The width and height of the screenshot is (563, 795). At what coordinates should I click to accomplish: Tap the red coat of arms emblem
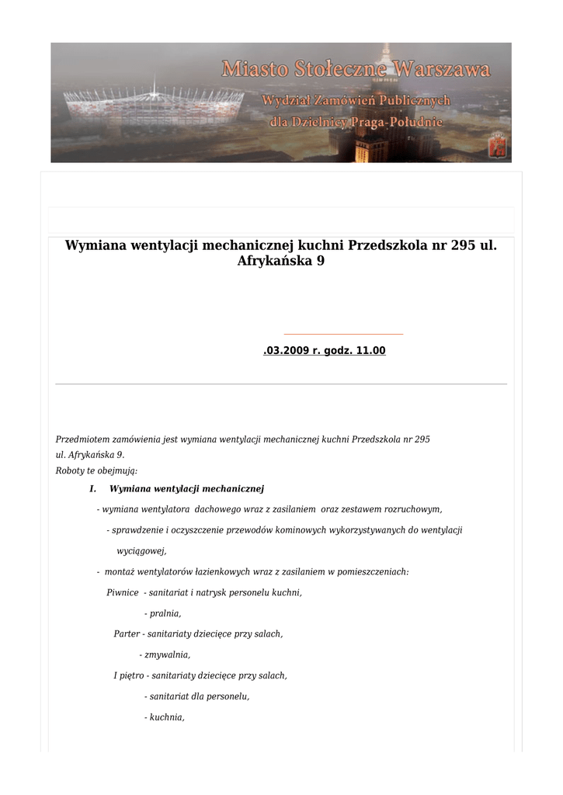pyautogui.click(x=496, y=145)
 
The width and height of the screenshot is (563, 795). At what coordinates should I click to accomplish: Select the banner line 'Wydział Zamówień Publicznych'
pyautogui.click(x=356, y=101)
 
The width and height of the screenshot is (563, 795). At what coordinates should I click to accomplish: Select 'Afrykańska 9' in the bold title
pyautogui.click(x=280, y=262)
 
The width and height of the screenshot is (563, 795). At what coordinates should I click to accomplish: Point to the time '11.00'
pyautogui.click(x=370, y=351)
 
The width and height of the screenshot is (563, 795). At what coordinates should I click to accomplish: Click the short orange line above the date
pyautogui.click(x=344, y=334)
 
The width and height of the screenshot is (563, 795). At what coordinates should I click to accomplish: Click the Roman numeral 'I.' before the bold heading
pyautogui.click(x=92, y=489)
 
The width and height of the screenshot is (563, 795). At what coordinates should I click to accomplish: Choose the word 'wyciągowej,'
pyautogui.click(x=141, y=550)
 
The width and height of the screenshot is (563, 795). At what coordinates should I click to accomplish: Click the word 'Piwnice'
pyautogui.click(x=123, y=592)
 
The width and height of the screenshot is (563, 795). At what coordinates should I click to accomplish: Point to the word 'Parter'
pyautogui.click(x=127, y=634)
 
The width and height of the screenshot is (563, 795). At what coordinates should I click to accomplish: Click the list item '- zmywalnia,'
pyautogui.click(x=165, y=654)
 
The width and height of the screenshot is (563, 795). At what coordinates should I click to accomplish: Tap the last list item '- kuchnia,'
pyautogui.click(x=164, y=717)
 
